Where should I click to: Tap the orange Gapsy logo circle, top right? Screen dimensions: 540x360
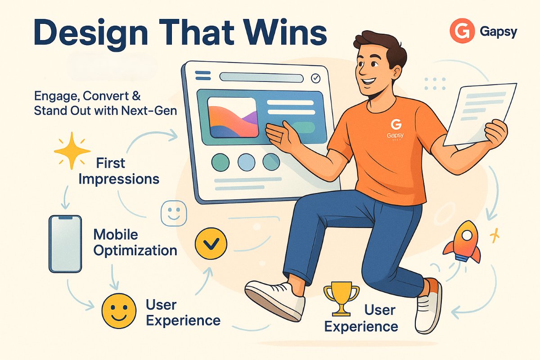coord(462,31)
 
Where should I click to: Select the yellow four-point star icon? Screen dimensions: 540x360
coord(72,151)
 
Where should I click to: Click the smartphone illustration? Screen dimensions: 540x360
coord(65,244)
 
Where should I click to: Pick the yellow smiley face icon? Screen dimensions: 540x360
coord(119,310)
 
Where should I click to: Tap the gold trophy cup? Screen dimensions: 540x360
coord(341,299)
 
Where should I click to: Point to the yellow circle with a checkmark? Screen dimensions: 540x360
coord(211,243)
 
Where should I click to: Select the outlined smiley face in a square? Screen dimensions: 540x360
coord(174,213)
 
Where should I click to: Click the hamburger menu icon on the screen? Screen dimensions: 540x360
coord(203,75)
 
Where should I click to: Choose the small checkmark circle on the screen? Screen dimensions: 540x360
coord(315,78)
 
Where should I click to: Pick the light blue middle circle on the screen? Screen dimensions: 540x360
coord(246,162)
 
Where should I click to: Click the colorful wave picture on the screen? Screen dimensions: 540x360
coord(233,117)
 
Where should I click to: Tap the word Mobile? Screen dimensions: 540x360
coord(116,235)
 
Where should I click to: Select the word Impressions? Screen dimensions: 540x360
coord(119,180)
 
